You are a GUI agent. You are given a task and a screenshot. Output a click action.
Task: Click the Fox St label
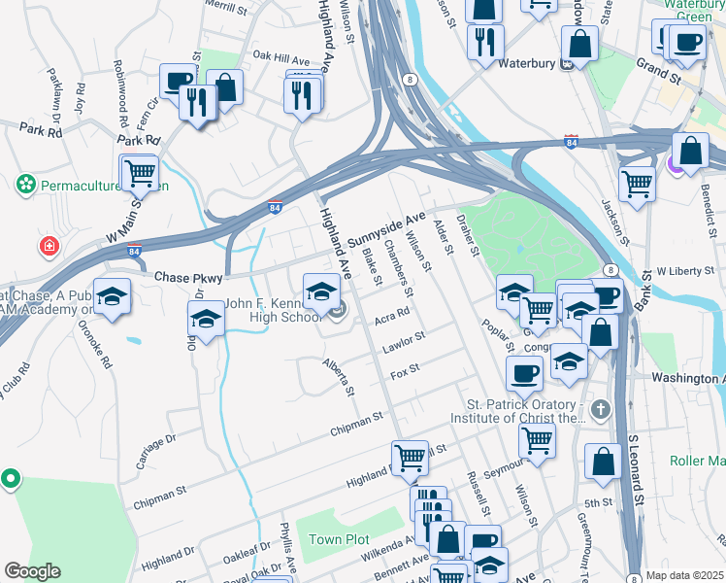coord(404,370)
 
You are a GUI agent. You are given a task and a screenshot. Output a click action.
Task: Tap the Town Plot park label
coord(339,539)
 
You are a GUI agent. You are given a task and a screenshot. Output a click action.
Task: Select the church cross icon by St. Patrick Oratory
coord(600,409)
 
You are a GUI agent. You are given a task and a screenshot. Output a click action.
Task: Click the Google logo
coord(32,571)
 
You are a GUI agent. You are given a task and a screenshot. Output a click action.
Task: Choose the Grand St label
coord(657,69)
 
